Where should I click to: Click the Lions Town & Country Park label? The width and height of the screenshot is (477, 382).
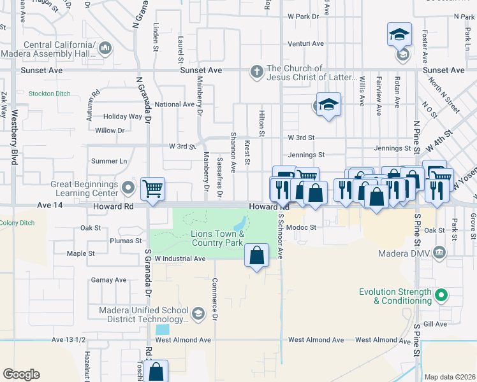pos(217,239)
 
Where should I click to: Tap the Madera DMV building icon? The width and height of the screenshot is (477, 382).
pos(439,254)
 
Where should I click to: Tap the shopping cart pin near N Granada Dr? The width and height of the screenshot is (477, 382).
pos(153,190)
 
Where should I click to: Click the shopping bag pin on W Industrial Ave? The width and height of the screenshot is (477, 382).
pos(256,256)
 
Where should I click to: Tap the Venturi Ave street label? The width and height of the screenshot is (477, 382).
pos(305,44)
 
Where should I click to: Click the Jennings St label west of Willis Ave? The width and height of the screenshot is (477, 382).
pos(307,155)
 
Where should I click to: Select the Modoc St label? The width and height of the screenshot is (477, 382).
pos(301,227)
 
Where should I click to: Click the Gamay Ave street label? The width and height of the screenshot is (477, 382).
pos(109,280)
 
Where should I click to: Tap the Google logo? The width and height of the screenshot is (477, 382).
pos(21,374)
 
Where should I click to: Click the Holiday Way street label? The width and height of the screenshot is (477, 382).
pos(122,117)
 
